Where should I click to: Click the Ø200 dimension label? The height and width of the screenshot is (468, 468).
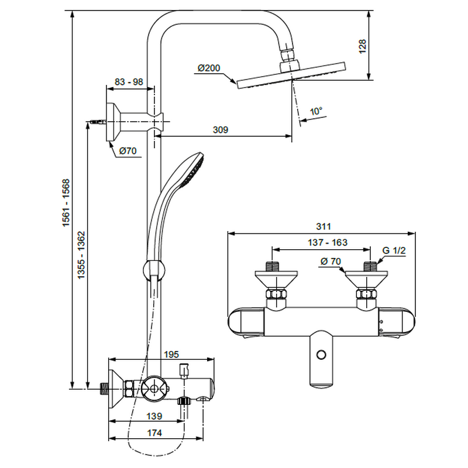coord(208,68)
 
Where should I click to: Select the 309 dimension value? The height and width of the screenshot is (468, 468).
coord(220,129)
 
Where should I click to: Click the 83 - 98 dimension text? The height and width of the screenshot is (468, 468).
coord(129,82)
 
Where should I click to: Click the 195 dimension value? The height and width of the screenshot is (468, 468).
coord(171,355)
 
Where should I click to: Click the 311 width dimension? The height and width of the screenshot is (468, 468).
coord(323,226)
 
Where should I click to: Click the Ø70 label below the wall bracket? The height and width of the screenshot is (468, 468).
coord(128,151)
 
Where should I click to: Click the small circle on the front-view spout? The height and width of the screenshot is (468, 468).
coord(320,355)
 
